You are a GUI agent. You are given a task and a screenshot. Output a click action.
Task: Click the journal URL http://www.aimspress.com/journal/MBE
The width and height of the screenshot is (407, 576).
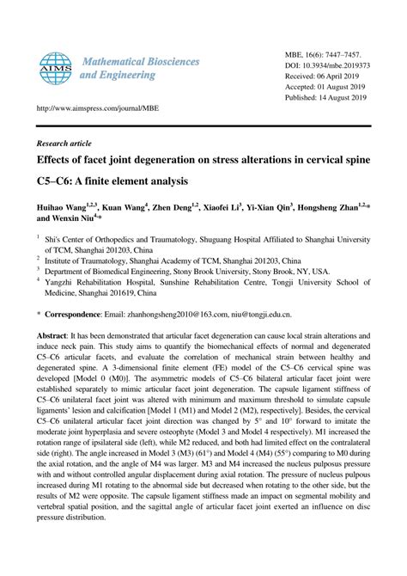point(83,110)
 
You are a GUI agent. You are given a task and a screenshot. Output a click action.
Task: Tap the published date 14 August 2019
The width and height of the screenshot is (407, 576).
point(349,100)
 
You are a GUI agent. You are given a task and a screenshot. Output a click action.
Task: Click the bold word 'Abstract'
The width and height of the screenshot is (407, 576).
point(53,335)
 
